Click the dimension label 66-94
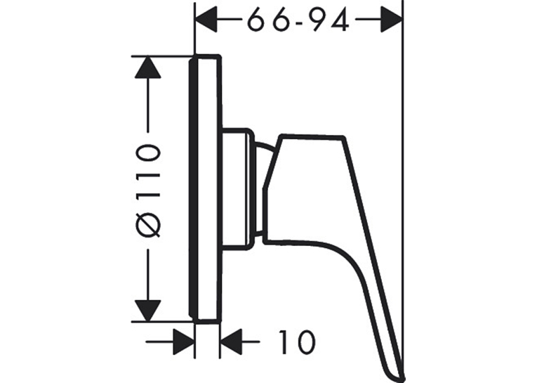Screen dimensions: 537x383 tap(298, 20)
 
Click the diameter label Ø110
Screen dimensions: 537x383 tap(148, 190)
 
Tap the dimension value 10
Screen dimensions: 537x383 tap(297, 342)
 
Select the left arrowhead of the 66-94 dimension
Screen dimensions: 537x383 tap(206, 20)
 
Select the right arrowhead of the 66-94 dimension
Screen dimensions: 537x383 tap(392, 20)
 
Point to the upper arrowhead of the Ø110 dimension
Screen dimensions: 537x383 tap(148, 67)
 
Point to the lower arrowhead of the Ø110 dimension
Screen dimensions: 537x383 tap(148, 311)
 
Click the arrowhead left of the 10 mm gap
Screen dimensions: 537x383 tap(184, 342)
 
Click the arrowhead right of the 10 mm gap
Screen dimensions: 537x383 tap(231, 342)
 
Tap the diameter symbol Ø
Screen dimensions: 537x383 tap(148, 225)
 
